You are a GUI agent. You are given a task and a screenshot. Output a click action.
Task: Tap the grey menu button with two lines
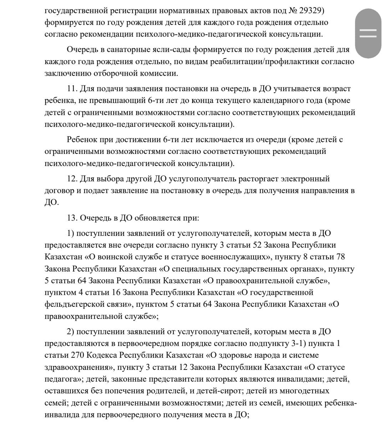coord(368,33)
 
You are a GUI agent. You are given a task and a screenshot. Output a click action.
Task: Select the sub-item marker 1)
coord(70,233)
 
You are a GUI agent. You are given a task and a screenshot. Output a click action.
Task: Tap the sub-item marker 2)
coord(70,332)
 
